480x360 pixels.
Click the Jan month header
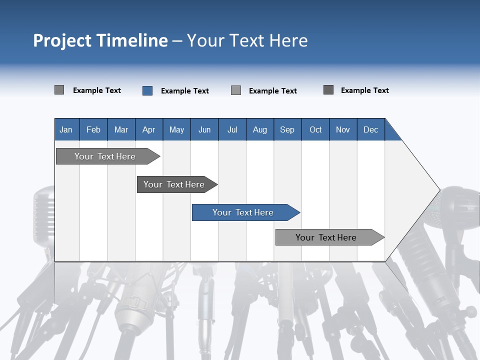click(66, 129)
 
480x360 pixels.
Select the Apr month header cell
click(148, 129)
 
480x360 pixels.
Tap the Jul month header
click(232, 129)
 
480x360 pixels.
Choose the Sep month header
click(287, 129)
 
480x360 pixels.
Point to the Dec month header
click(370, 129)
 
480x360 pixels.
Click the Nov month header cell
click(342, 129)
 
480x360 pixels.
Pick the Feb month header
click(93, 129)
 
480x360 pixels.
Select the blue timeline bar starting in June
click(243, 212)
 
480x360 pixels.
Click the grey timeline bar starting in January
click(105, 156)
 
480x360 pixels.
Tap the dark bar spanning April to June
click(174, 184)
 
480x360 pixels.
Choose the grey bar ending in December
click(326, 237)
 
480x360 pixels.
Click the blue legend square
click(147, 90)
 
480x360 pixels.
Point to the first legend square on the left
click(59, 90)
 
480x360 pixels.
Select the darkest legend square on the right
click(328, 90)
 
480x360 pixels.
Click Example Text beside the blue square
click(185, 91)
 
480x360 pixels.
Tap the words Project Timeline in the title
click(100, 40)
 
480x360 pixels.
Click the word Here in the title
click(288, 40)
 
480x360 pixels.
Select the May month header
click(176, 129)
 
